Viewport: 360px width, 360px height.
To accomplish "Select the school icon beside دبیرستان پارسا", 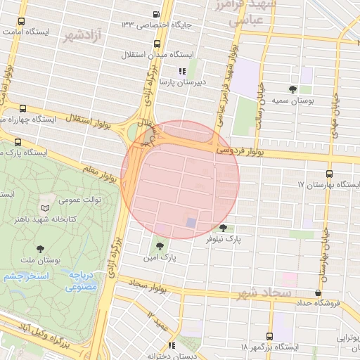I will (x=182, y=70).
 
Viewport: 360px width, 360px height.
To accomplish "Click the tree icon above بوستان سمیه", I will (x=292, y=89).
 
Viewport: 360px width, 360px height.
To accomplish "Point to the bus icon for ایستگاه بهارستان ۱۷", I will (x=329, y=174).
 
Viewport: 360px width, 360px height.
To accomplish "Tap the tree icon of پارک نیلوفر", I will (x=224, y=227).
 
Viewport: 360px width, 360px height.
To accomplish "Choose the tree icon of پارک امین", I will (x=160, y=246).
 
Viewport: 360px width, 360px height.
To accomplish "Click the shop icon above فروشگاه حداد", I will (x=319, y=292).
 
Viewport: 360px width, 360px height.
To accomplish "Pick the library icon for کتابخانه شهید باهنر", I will (x=46, y=209).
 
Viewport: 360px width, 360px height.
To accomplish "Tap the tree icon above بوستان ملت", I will (x=40, y=248).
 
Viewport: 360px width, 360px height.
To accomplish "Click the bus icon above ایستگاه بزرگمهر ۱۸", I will (x=269, y=336).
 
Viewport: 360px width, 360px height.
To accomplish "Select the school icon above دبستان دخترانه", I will (x=172, y=345).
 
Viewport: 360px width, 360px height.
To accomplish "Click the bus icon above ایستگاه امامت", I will (x=23, y=21).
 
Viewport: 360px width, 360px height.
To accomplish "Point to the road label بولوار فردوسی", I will (x=240, y=150).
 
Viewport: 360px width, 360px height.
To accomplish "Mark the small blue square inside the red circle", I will (x=191, y=222).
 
